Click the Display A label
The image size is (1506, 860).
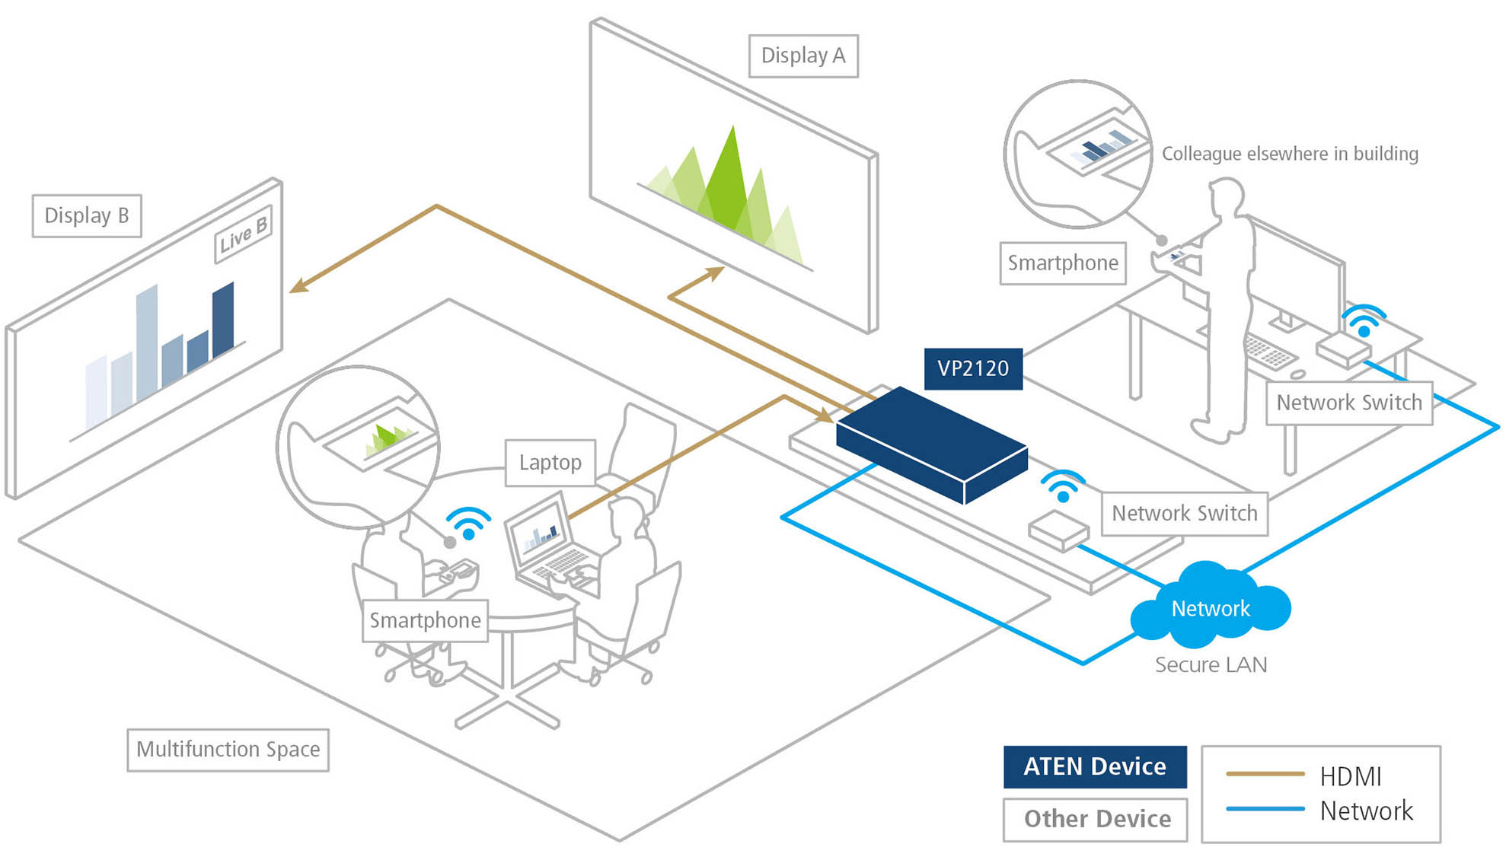[x=803, y=56]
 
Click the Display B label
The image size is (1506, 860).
[x=86, y=216]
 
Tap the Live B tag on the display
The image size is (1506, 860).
[x=243, y=234]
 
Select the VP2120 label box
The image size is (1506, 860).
[x=973, y=369]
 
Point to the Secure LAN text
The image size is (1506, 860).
[x=1211, y=665]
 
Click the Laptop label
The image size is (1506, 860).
[x=550, y=463]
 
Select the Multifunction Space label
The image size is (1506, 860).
[x=228, y=750]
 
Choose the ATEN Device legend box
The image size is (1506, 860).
[x=1094, y=766]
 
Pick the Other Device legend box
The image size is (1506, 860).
[x=1096, y=819]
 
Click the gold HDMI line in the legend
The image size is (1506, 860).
[x=1265, y=774]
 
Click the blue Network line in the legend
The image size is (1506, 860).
[x=1265, y=809]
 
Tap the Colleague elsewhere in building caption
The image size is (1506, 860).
[x=1290, y=154]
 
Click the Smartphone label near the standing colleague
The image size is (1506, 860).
[x=1063, y=263]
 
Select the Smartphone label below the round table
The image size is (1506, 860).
[x=425, y=621]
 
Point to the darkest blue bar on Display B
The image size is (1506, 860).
[x=223, y=320]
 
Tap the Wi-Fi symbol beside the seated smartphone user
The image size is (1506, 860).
[x=468, y=524]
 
